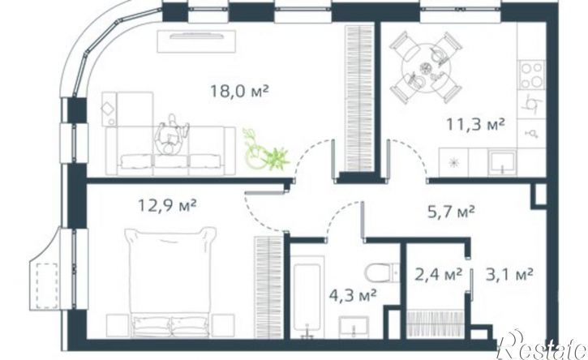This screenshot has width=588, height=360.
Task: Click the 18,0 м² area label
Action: pos(239,91)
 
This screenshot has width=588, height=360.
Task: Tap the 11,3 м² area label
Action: pos(475,124)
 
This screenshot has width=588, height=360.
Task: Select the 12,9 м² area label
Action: pos(167,205)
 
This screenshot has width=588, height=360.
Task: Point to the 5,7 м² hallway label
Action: pos(451,212)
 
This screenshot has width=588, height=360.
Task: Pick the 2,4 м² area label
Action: pos(438,275)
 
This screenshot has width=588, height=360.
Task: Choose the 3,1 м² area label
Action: pos(509,275)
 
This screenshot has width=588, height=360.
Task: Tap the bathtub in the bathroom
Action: pos(307,296)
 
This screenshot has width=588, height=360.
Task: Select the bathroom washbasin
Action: pos(354,327)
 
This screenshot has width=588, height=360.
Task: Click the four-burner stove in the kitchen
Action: pos(532,75)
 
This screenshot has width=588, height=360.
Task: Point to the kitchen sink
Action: pos(502,162)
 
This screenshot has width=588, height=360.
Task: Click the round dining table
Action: pos(426,67)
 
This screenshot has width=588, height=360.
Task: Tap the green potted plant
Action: pos(265,151)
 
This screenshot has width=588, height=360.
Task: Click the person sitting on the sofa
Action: pos(172,135)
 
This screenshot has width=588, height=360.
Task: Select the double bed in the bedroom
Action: pos(170,282)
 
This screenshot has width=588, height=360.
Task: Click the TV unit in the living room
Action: pos(196,41)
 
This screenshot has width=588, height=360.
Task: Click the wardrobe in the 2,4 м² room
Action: pos(436,324)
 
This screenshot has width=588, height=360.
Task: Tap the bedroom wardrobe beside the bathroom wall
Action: pos(268,287)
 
